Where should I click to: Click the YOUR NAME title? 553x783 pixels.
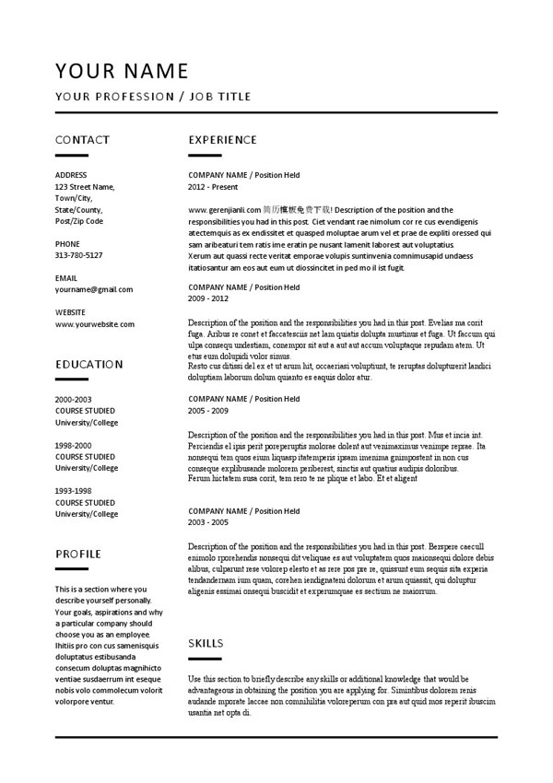pos(122,71)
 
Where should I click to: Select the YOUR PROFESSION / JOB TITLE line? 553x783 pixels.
pos(153,97)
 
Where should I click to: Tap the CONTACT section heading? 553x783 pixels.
pos(82,140)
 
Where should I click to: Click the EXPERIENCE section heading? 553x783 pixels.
pos(222,140)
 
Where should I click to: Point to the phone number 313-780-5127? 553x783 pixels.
pos(79,255)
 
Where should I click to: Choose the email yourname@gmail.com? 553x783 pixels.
pos(94,289)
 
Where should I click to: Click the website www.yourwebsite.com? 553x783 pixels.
pos(95,324)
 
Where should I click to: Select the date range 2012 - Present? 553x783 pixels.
pos(214,186)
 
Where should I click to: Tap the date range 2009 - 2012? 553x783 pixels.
pos(208,298)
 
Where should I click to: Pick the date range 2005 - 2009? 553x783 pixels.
pos(208,411)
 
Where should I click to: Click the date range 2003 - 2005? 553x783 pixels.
pos(208,522)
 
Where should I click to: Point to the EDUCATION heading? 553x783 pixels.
pos(88,364)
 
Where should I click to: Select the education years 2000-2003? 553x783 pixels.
pos(74,399)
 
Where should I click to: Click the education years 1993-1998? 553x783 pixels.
pos(74,491)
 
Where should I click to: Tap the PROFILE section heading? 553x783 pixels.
pos(78,554)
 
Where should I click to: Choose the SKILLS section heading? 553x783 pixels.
pos(206,643)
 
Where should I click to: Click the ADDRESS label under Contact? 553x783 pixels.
pos(71,175)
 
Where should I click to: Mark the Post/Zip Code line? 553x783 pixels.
pos(79,221)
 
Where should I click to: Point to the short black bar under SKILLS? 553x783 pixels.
pos(205,659)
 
